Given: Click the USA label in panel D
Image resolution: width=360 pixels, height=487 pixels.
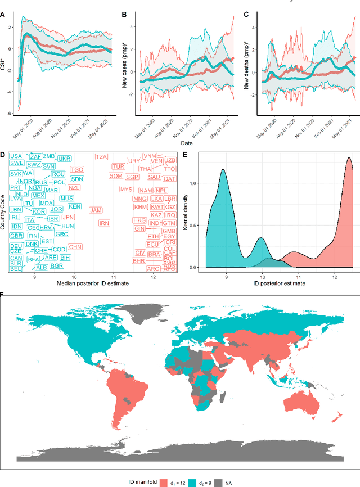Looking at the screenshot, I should (16, 156).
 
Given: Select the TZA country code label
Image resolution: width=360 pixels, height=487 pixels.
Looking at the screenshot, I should (102, 157).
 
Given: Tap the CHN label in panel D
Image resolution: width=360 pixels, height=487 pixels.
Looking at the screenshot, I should (75, 247).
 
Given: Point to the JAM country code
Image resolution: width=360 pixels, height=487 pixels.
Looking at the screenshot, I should (96, 210).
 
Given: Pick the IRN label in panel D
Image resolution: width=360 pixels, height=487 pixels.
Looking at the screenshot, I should (104, 223).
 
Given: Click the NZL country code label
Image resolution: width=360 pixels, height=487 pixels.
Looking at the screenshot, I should (75, 187).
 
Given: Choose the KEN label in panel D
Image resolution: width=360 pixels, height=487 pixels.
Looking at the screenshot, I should (74, 207).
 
